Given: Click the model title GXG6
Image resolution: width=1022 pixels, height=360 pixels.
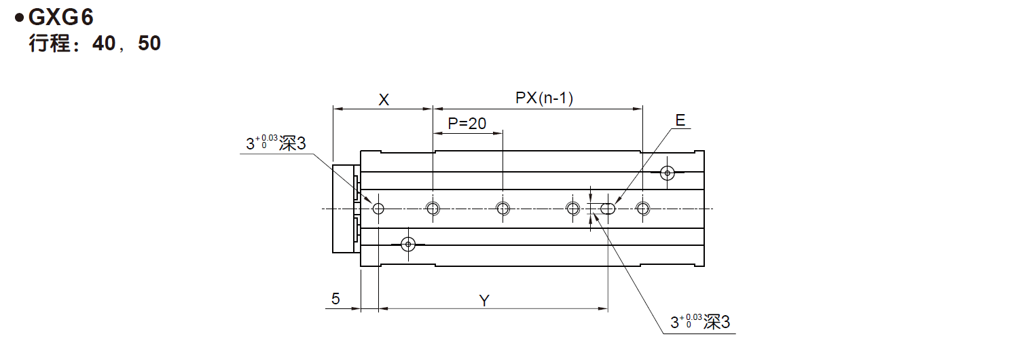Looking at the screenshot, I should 60,17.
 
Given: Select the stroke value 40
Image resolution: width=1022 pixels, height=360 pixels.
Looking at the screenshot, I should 106,44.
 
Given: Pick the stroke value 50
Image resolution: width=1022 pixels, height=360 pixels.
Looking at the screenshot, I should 149,44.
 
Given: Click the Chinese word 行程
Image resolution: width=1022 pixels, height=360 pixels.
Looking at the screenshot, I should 50,44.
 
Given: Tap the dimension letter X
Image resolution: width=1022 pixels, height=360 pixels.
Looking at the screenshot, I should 383,100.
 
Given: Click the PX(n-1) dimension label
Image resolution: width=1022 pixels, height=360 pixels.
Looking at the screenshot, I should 545,99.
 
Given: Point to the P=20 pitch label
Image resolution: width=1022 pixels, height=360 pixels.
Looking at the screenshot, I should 467,123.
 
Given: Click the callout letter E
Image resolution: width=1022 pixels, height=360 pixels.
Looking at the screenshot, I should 680,121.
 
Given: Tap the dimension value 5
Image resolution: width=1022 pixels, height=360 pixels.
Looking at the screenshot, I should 335,299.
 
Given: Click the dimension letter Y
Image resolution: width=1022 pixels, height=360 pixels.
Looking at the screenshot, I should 484,300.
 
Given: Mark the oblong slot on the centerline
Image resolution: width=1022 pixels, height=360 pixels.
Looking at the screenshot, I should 608,208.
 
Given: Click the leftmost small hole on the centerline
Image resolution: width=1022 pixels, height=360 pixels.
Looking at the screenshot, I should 378,208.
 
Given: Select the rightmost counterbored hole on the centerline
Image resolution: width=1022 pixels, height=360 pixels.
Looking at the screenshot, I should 642,208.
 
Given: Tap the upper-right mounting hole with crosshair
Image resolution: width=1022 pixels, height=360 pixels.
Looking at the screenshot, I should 668,173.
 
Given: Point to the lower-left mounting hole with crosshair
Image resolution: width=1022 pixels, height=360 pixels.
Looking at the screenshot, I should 408,244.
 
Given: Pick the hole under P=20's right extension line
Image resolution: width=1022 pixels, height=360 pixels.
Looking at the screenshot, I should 503,208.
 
